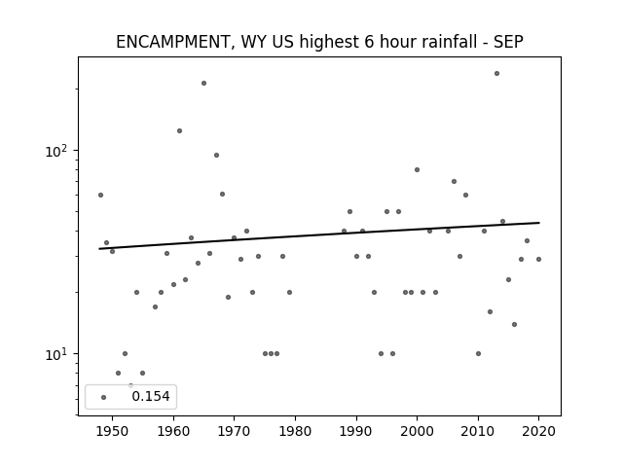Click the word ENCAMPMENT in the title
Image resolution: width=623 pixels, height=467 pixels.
tap(171, 42)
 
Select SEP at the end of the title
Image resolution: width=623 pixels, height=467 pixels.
tap(508, 41)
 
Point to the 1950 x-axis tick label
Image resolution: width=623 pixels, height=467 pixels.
tap(113, 431)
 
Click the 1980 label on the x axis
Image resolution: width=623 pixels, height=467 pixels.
tap(295, 431)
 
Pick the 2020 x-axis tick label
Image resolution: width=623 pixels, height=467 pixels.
tap(538, 431)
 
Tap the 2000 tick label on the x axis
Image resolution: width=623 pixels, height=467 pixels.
tap(417, 431)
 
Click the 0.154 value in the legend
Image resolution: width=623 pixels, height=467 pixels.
tap(151, 396)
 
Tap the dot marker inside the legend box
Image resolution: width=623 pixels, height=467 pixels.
tap(104, 397)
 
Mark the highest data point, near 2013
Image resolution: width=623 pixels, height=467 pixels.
tap(496, 74)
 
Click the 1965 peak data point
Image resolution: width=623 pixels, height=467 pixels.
tap(203, 83)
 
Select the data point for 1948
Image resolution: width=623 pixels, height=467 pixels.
tap(100, 195)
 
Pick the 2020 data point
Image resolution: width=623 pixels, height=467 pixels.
tap(538, 260)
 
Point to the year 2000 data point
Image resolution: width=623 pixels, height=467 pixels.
tap(417, 169)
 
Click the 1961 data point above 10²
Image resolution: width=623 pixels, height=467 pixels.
tap(179, 130)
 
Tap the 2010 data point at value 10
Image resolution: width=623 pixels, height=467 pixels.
tap(478, 353)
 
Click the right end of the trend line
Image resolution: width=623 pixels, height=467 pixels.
tap(539, 223)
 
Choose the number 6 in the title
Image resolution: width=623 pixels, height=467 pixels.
tap(370, 42)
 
